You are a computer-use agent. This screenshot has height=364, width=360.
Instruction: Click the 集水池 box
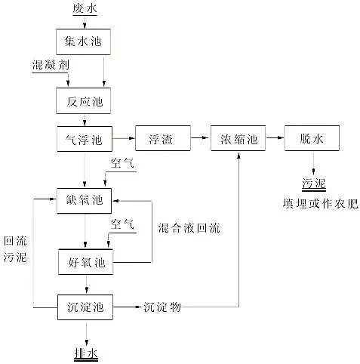pos(85,41)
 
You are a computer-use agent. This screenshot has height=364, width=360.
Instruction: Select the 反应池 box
pos(85,98)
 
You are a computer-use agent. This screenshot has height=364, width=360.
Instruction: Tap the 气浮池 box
pos(85,139)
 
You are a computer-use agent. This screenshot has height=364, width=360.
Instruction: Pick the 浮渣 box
pos(162,139)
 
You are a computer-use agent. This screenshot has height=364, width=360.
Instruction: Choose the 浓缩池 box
pos(238,139)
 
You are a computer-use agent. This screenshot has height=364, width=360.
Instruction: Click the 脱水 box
pos(312,139)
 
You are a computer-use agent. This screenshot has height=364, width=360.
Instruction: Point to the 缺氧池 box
pos(85,200)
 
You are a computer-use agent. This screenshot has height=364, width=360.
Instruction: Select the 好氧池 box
pos(85,262)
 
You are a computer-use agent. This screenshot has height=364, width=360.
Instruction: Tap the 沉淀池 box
pos(85,307)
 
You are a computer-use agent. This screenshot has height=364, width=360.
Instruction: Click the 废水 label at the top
pos(85,9)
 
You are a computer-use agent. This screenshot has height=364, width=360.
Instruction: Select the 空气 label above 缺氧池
pos(122,163)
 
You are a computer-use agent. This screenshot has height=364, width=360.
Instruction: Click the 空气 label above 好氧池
pos(122,224)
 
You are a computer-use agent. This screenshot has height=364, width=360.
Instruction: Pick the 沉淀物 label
pos(162,307)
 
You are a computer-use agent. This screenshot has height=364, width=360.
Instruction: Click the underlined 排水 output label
pos(85,353)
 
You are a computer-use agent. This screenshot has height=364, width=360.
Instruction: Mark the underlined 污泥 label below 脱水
pos(312,184)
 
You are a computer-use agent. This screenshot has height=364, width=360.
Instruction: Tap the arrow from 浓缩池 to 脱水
pos(275,139)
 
